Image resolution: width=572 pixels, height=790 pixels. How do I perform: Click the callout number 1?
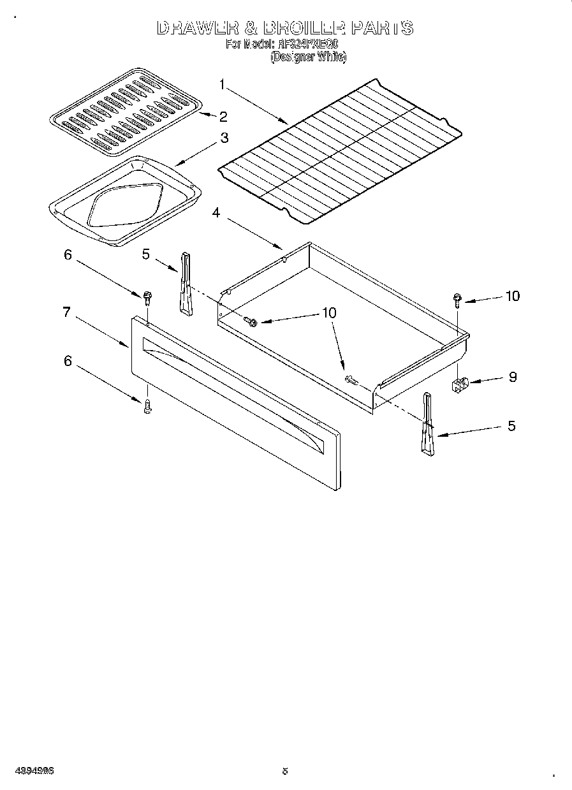[222, 83]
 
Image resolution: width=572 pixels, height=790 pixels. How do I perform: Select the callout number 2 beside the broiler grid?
[223, 116]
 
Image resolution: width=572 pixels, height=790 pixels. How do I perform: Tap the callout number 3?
[224, 138]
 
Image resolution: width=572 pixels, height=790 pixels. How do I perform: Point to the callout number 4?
[216, 213]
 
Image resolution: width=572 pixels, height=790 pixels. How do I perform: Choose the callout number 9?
[512, 376]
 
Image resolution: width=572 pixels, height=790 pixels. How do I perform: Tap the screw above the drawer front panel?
[147, 297]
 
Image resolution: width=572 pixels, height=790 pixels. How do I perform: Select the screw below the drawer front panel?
[147, 406]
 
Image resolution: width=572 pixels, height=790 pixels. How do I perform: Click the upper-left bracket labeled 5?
[185, 283]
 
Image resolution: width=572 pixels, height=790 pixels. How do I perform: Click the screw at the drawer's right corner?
[457, 299]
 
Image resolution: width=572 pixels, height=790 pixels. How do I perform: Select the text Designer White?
[308, 57]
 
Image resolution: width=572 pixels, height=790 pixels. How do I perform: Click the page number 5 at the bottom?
[285, 771]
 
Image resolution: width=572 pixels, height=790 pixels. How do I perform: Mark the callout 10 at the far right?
[512, 296]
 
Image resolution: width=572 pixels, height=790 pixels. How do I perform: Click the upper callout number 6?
[68, 254]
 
